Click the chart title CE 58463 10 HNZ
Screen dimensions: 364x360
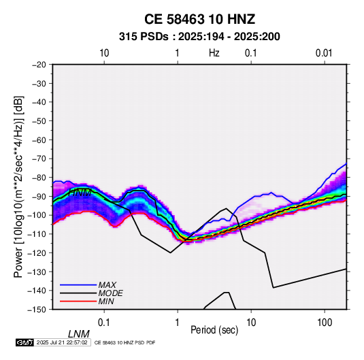click(x=199, y=19)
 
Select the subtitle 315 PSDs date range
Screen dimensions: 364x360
click(x=199, y=37)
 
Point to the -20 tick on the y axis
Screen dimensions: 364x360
click(x=39, y=65)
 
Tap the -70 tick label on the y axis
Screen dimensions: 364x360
click(x=39, y=159)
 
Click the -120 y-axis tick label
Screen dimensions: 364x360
click(x=37, y=252)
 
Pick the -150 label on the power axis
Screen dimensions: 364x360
click(x=37, y=310)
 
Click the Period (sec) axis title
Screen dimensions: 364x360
click(x=214, y=330)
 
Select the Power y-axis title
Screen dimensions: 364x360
click(x=18, y=187)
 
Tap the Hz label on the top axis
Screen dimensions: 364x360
click(x=214, y=53)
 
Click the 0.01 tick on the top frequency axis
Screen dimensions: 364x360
click(x=324, y=53)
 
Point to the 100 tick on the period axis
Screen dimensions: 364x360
click(x=325, y=323)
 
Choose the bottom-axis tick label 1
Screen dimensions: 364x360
click(x=178, y=323)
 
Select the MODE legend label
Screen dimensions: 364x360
click(x=110, y=293)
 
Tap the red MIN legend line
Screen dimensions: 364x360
click(x=78, y=301)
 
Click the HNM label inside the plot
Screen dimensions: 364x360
click(x=80, y=193)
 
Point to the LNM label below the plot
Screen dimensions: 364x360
click(x=79, y=334)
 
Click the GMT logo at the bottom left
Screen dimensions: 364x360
click(x=24, y=342)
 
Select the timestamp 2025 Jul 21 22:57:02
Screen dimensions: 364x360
click(x=62, y=342)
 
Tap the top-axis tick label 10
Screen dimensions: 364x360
click(x=104, y=53)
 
